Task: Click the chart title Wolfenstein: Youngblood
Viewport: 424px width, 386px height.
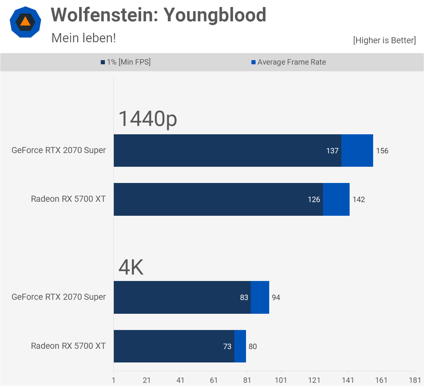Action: (x=158, y=15)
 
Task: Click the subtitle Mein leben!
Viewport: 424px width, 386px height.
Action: (x=84, y=38)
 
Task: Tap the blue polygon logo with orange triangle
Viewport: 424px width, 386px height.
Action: (x=25, y=22)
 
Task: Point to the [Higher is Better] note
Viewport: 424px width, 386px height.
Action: (x=384, y=40)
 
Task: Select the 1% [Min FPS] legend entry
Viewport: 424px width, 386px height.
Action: (x=126, y=62)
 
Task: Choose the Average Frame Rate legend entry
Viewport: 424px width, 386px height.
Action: (x=289, y=62)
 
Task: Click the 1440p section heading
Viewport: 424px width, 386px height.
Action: (x=147, y=119)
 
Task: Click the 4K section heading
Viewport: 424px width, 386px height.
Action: (x=131, y=267)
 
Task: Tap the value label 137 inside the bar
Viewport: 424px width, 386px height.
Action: (x=332, y=151)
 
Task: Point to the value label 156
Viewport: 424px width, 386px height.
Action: (x=382, y=151)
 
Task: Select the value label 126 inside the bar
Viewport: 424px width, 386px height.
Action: (x=314, y=200)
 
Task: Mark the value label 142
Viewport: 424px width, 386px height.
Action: (x=359, y=200)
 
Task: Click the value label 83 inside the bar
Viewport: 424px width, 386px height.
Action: (x=244, y=298)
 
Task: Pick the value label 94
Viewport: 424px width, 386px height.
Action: (x=276, y=298)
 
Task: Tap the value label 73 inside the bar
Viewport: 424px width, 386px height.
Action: (x=227, y=347)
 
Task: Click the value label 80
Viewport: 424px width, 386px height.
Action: (x=252, y=347)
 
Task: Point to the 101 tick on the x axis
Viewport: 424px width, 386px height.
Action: (x=281, y=380)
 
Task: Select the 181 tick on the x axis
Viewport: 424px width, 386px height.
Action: (x=415, y=380)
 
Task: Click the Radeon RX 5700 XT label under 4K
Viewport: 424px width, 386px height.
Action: (x=68, y=346)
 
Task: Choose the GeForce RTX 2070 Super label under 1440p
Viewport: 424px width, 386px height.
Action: (x=58, y=150)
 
